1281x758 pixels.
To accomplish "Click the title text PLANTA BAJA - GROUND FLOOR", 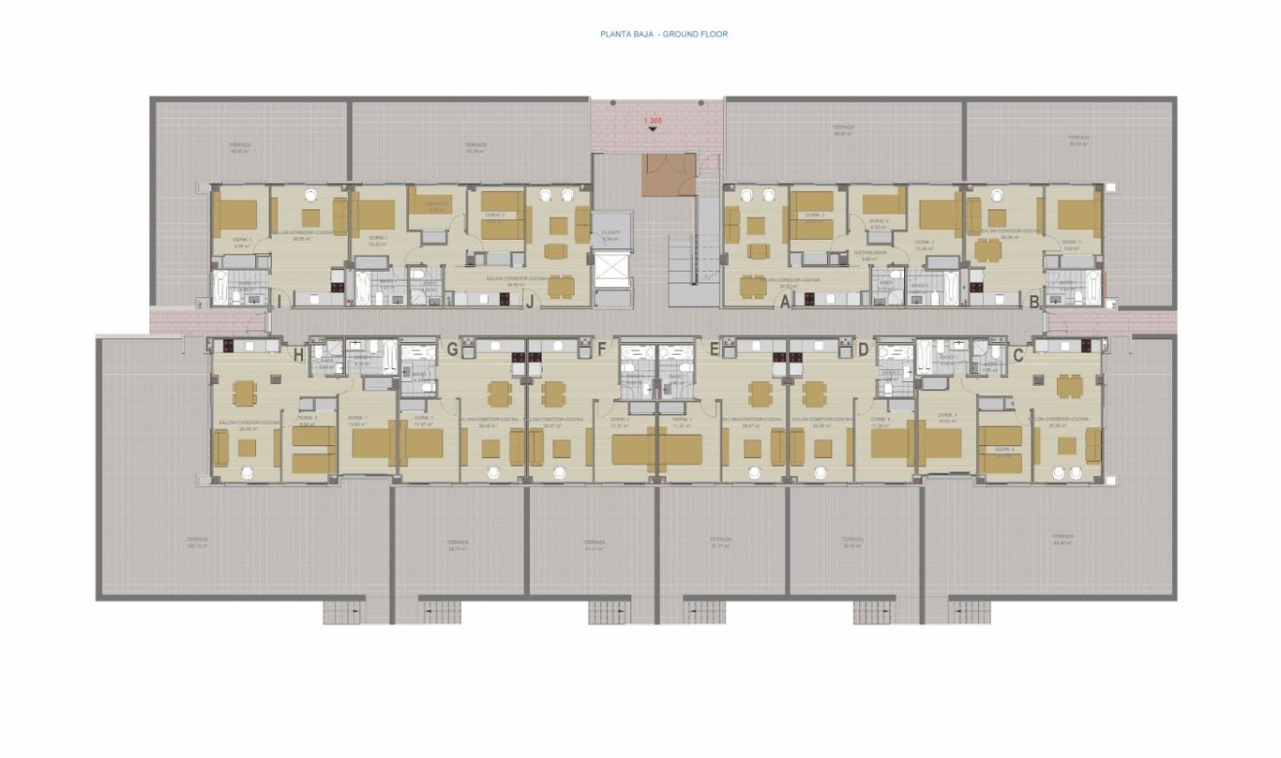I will coord(663,34).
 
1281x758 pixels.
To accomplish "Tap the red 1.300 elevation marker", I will coord(652,121).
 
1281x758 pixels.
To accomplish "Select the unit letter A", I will coord(783,302).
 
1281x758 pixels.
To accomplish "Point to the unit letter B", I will coord(1035,302).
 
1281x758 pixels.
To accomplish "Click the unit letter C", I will coord(1018,356).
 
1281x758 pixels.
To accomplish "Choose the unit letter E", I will coord(714,349).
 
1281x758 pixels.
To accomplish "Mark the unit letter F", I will coord(601,349).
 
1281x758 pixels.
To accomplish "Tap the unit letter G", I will coord(451,349).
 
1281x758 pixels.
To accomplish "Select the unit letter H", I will coord(298,356).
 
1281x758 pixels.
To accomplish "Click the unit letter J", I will coord(528,302).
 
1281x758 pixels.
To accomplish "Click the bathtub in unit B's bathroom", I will coord(1093,288).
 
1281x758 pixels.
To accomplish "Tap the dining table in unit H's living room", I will coord(244,392).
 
